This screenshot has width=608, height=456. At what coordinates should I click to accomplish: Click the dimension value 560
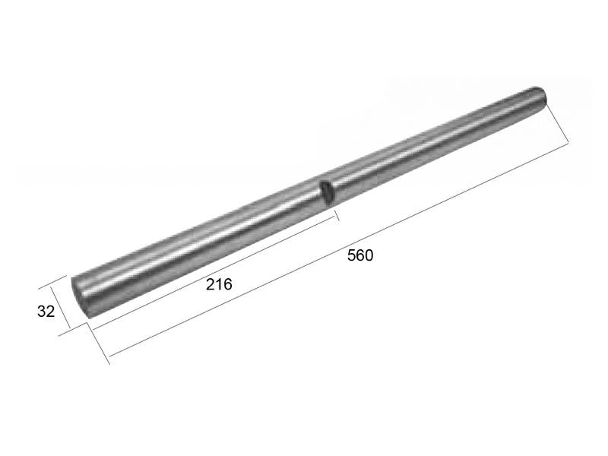tap(360, 255)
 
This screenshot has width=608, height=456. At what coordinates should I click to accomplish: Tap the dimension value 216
tap(219, 284)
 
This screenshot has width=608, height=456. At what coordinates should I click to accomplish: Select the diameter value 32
tap(46, 311)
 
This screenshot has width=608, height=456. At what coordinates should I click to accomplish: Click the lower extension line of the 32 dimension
tap(79, 322)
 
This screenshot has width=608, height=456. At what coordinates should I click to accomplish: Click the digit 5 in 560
tap(351, 255)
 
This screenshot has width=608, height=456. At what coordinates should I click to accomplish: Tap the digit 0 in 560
tap(369, 255)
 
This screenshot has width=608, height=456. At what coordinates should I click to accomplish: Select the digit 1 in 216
tap(219, 284)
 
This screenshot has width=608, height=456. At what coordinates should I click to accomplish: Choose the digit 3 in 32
tap(41, 311)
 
